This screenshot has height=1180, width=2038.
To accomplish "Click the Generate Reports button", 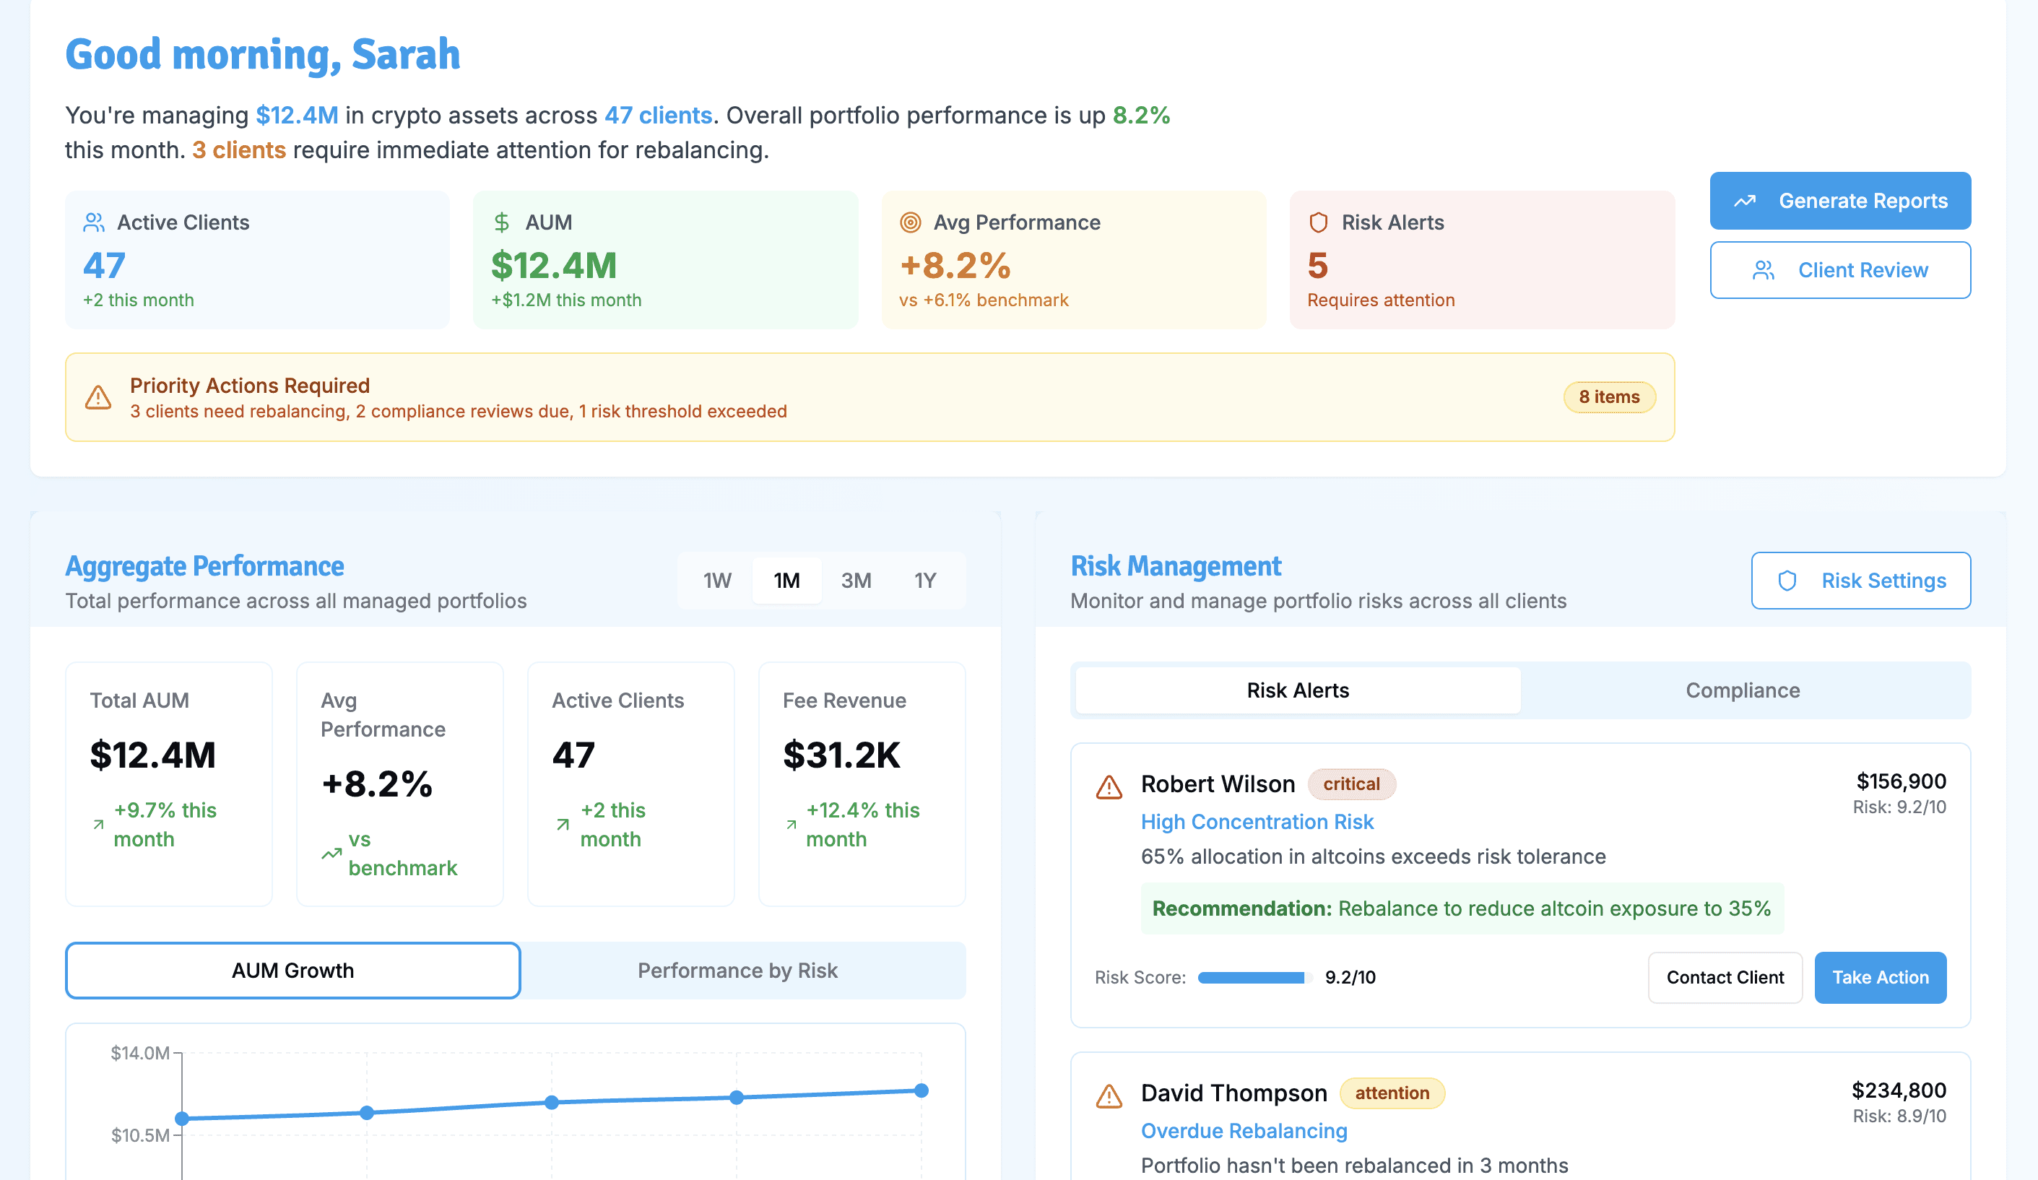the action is click(1840, 201).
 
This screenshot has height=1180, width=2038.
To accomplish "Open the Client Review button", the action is click(1840, 270).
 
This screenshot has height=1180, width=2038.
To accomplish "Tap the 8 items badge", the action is click(1608, 397).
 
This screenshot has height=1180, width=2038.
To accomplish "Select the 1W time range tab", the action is click(717, 581).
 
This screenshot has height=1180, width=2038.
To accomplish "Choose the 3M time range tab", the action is click(856, 581).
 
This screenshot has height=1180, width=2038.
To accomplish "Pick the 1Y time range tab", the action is click(925, 581).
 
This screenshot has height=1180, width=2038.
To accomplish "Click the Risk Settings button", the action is click(1860, 581).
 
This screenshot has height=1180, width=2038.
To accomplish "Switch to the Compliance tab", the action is click(1743, 690).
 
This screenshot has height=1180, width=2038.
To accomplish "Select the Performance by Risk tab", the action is click(737, 971).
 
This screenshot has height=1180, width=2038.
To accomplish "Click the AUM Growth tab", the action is click(292, 971).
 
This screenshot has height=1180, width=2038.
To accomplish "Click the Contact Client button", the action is click(1725, 978).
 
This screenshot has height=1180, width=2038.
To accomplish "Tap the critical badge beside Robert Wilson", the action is click(1351, 784).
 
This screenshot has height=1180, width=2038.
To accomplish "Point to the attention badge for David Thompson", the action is click(1392, 1093).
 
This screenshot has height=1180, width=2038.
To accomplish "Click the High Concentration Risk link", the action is click(1257, 822).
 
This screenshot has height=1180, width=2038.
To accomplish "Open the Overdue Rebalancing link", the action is click(1244, 1131).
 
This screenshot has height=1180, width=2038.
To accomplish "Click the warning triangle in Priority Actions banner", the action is click(99, 397).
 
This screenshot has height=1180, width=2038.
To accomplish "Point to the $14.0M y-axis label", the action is click(140, 1053).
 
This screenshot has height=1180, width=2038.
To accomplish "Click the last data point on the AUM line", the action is click(921, 1090).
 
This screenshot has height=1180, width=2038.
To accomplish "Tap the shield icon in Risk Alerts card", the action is click(1318, 222).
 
